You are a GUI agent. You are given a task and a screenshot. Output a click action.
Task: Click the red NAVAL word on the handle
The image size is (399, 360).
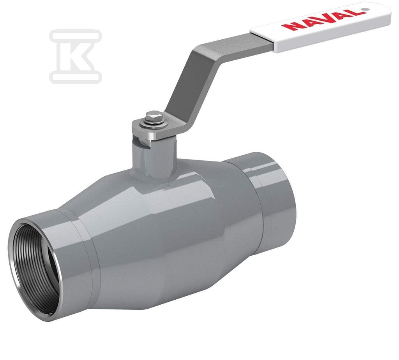322,19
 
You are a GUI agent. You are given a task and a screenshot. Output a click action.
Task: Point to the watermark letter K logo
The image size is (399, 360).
76,56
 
